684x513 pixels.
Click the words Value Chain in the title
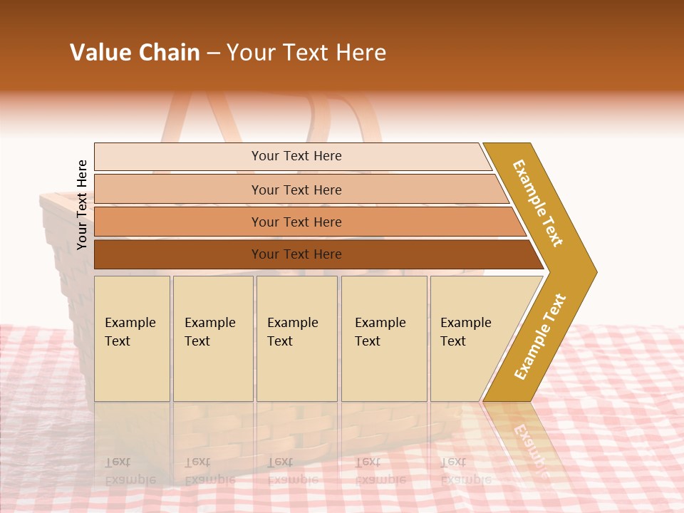135,53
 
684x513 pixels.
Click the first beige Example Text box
132,370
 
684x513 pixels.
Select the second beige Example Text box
213,370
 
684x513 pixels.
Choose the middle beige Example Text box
296,370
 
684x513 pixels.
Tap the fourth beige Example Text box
384,370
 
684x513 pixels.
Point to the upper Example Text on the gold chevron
538,203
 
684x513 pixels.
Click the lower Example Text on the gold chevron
540,336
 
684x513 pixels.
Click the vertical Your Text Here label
82,204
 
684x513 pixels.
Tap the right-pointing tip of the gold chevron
591,271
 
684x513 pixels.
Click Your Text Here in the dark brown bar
296,254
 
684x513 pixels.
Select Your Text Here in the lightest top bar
296,156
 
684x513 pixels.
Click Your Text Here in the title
306,53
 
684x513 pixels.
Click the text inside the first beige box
130,332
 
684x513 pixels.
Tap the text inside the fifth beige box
465,332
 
